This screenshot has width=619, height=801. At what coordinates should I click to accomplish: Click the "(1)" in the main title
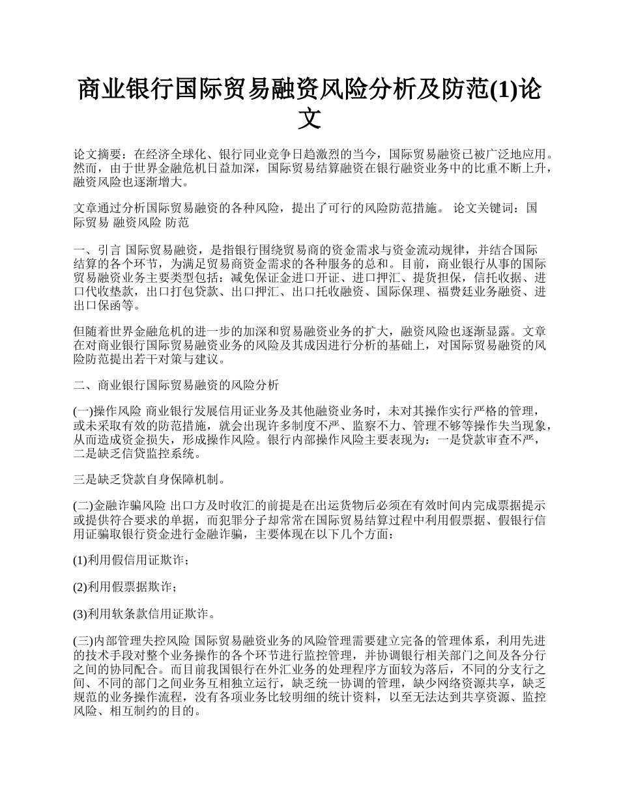504,90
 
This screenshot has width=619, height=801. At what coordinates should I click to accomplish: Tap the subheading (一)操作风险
108,411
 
